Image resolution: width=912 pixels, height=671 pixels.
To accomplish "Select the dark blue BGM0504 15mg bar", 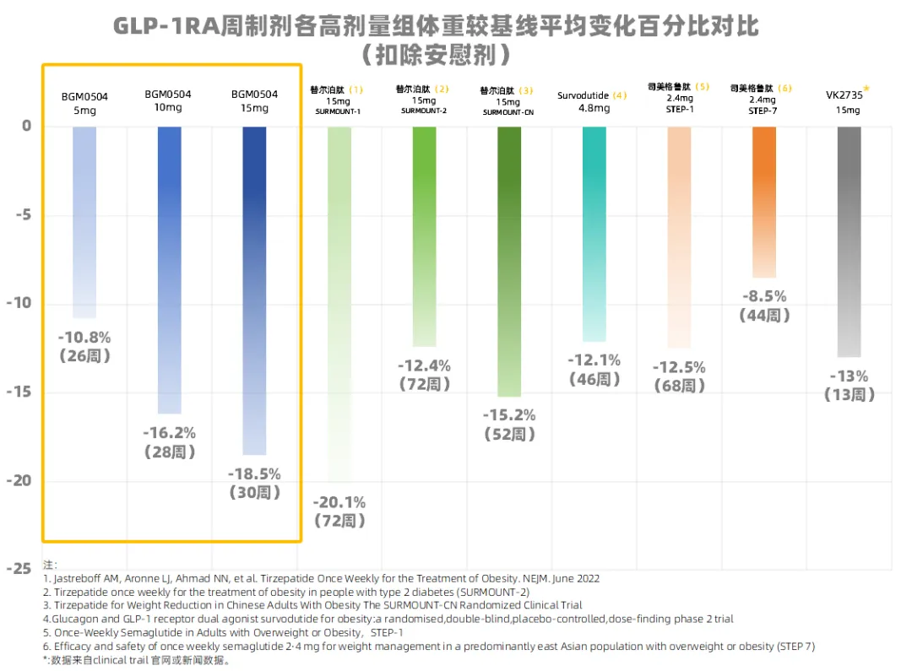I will click(254, 290).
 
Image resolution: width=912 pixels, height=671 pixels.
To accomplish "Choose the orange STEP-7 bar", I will click(763, 202).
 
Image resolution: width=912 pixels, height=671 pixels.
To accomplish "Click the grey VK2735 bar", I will click(849, 241).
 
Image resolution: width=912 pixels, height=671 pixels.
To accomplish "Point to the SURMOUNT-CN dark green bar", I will click(509, 262).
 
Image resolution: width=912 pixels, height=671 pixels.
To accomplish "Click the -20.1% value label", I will click(339, 502).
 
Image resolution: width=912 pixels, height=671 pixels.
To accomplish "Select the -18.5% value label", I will click(254, 473).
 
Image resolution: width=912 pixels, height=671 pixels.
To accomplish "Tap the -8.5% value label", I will click(763, 296).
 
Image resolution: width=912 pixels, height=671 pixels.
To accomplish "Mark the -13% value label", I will click(849, 376).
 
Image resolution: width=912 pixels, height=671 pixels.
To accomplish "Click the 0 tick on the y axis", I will click(26, 126).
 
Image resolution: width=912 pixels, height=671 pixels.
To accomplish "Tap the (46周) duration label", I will click(594, 380).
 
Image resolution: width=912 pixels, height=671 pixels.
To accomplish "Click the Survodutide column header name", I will click(584, 95).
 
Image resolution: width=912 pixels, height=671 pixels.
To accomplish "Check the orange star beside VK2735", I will click(866, 88).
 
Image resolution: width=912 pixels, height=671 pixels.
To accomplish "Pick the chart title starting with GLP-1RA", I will click(436, 27).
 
